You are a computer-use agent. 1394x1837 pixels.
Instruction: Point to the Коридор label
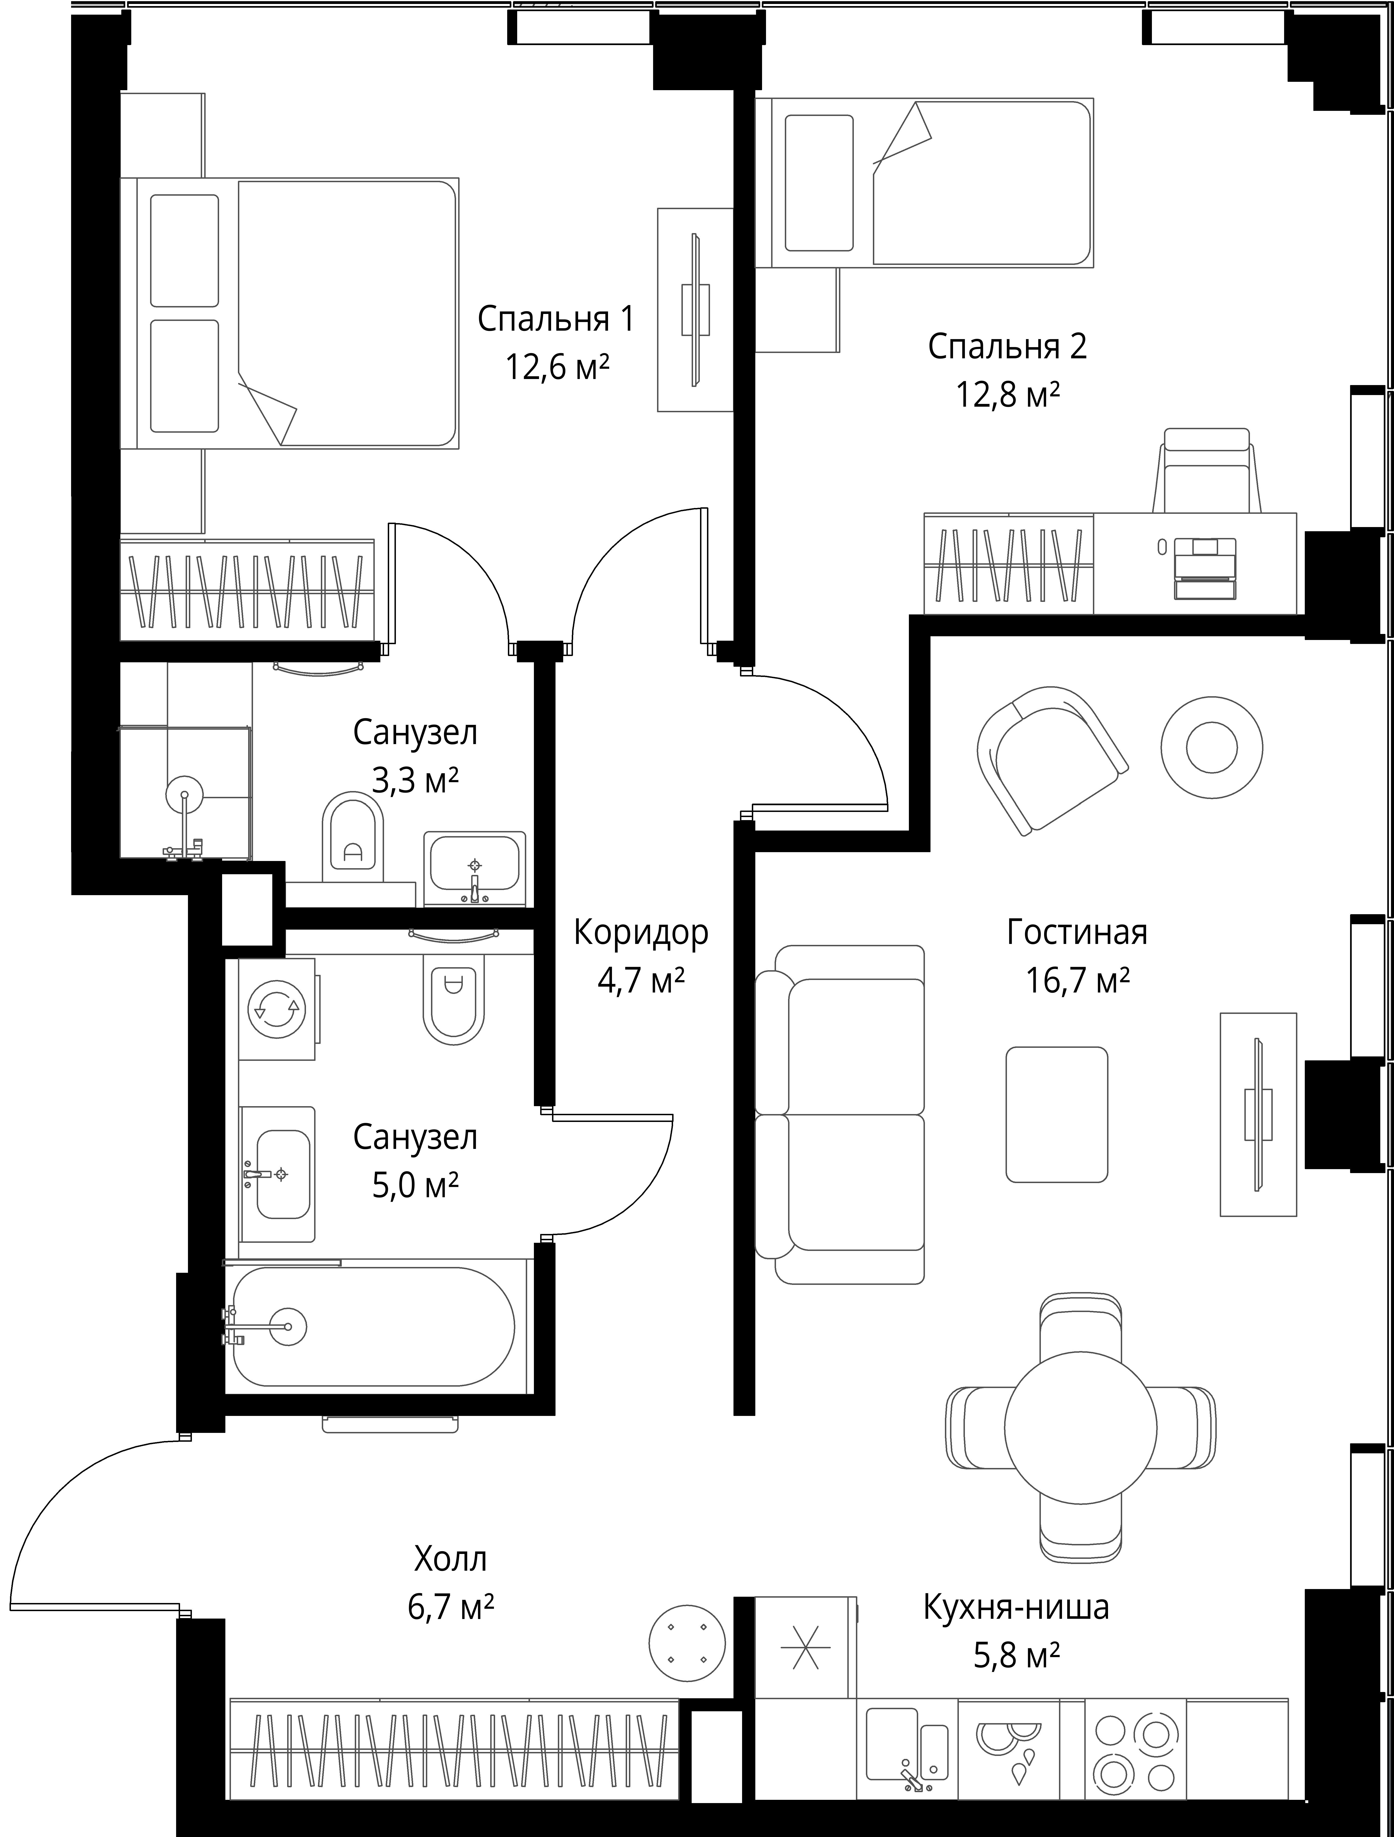pos(641,933)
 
